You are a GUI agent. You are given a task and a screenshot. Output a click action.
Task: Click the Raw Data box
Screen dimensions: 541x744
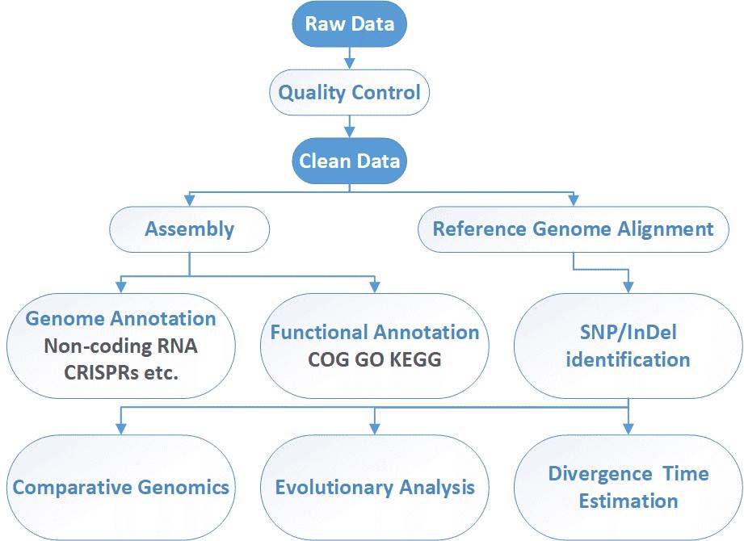pyautogui.click(x=350, y=23)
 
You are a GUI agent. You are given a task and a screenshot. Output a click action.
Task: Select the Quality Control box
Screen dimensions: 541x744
pyautogui.click(x=349, y=92)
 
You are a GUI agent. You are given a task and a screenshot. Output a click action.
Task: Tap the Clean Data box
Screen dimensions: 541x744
pyautogui.click(x=349, y=160)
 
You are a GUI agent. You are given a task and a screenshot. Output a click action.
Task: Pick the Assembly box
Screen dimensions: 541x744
pyautogui.click(x=189, y=229)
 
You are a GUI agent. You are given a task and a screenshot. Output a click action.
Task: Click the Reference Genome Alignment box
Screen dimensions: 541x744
pyautogui.click(x=573, y=229)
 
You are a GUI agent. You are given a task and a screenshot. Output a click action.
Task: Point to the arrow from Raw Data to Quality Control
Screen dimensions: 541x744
pyautogui.click(x=350, y=55)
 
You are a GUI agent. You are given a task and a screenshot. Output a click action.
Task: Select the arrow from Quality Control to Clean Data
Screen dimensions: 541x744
pyautogui.click(x=350, y=124)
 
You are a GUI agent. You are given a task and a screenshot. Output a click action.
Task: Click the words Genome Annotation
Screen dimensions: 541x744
pyautogui.click(x=120, y=318)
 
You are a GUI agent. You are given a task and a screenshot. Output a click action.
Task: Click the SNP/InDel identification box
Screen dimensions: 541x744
pyautogui.click(x=628, y=346)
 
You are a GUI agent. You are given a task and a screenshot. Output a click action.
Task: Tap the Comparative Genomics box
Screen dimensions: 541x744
pyautogui.click(x=121, y=488)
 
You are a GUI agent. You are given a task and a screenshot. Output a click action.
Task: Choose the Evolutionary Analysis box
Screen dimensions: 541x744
pyautogui.click(x=374, y=488)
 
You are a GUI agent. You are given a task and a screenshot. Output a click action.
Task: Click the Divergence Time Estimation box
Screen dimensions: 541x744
pyautogui.click(x=628, y=487)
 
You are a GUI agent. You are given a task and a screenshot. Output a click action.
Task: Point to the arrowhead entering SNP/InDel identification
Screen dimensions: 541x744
pyautogui.click(x=628, y=286)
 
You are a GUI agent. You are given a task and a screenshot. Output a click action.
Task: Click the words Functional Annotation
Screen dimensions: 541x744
pyautogui.click(x=374, y=332)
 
